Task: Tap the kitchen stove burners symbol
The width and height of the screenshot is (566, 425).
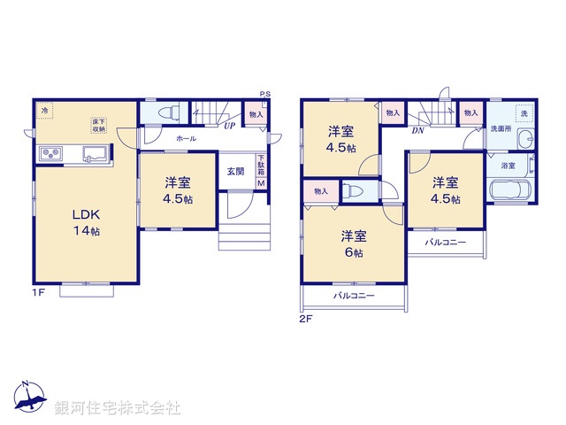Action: coord(50,155)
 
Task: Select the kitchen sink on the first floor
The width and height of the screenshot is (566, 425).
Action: coord(95,154)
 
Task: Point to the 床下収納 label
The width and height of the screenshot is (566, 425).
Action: coord(96,125)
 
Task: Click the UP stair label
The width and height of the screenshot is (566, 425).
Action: coord(229,126)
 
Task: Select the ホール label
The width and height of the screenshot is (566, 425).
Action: coord(186,139)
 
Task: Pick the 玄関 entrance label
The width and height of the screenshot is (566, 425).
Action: coord(234,171)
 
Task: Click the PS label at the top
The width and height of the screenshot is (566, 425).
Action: coord(264,94)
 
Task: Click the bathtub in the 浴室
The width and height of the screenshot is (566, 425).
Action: coord(509,190)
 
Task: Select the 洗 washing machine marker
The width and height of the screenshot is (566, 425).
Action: coord(523,113)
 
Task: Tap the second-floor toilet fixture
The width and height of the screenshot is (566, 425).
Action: coord(353,190)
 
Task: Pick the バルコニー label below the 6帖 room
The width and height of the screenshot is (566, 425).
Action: coord(354,296)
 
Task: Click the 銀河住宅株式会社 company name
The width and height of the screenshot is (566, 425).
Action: coord(118,408)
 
